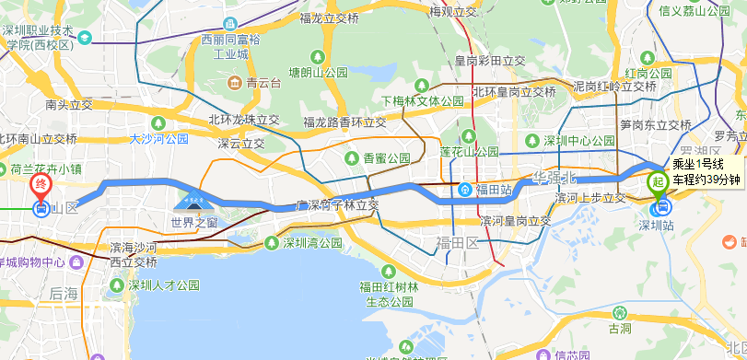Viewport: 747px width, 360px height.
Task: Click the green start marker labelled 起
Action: [658, 181]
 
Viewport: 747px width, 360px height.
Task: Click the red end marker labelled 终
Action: [41, 185]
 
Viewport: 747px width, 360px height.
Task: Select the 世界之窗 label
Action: [194, 222]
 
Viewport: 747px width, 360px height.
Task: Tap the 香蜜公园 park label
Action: [386, 157]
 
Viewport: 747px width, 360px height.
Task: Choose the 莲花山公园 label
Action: [469, 151]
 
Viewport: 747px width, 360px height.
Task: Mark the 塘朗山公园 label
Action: [319, 72]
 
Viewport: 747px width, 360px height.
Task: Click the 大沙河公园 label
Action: [158, 139]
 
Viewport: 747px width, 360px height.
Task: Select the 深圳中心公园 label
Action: [578, 141]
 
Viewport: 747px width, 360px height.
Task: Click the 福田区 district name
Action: [459, 242]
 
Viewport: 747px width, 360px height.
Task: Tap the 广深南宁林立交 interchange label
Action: [337, 205]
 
